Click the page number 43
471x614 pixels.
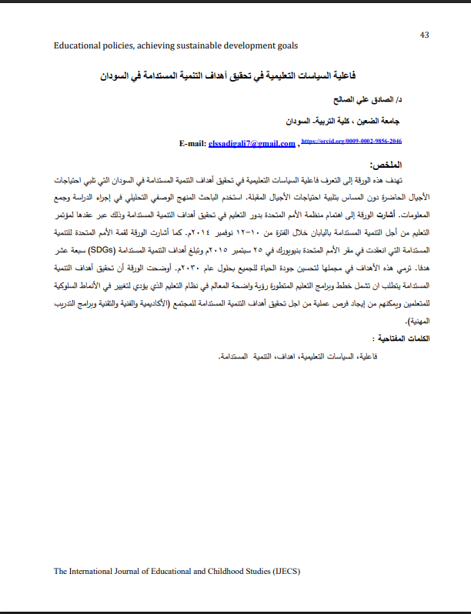[x=424, y=35]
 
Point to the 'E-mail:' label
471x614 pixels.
[x=193, y=143]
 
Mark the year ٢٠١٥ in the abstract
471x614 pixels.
[x=229, y=250]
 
